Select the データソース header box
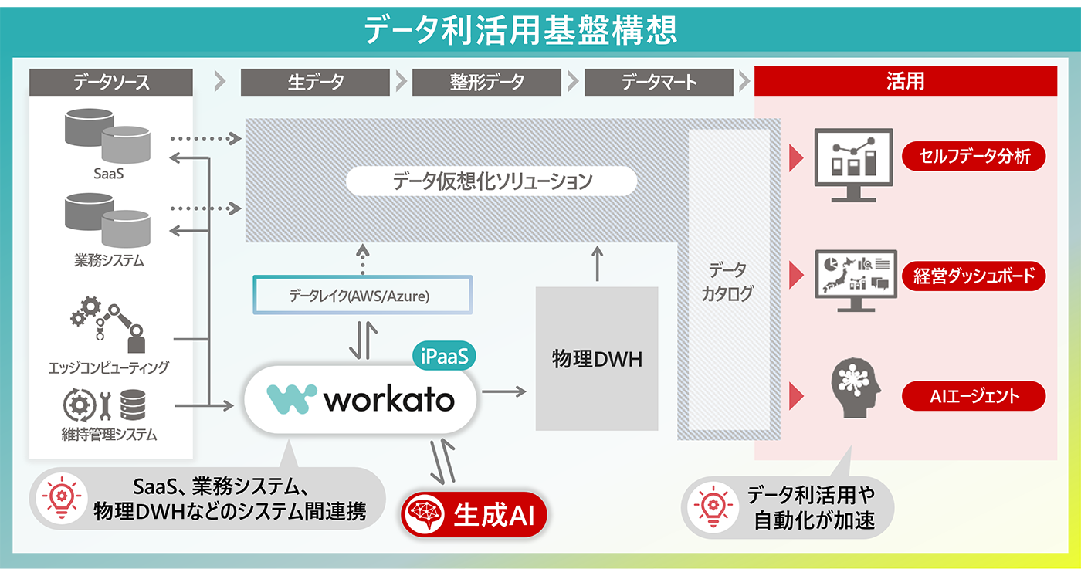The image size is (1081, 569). click(x=110, y=82)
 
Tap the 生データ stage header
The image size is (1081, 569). click(x=316, y=82)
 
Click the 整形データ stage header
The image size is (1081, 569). click(x=486, y=82)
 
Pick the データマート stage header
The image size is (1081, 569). click(x=659, y=82)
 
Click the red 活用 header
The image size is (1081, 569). click(x=905, y=81)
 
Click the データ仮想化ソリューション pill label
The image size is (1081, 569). click(x=492, y=182)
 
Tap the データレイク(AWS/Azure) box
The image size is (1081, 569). click(x=362, y=295)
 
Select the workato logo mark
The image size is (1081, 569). click(x=291, y=399)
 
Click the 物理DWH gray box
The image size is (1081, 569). click(x=596, y=359)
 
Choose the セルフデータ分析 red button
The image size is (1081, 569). click(x=974, y=157)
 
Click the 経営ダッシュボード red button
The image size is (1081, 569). click(x=974, y=276)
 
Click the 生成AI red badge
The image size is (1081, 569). click(x=475, y=514)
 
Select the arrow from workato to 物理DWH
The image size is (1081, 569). click(x=503, y=392)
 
